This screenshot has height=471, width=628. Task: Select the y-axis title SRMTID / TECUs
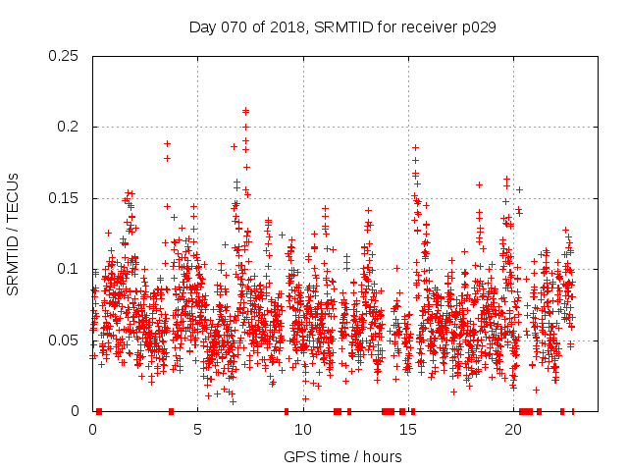[14, 234]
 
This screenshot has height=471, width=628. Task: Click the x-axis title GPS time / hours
[342, 456]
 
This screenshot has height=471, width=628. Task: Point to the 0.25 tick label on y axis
[64, 56]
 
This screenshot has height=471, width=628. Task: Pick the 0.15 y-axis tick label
[64, 198]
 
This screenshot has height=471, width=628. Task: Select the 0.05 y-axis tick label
[64, 340]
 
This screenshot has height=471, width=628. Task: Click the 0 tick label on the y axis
[76, 411]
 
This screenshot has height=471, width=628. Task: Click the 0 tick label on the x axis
[93, 430]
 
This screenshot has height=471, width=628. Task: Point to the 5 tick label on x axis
[198, 430]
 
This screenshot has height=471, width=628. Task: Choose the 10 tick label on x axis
[303, 430]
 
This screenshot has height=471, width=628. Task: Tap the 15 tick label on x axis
[408, 430]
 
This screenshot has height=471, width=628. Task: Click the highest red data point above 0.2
[245, 111]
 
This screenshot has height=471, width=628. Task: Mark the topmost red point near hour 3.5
[167, 144]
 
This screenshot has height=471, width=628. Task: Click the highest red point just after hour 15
[415, 147]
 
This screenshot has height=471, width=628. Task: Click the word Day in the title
[202, 27]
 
